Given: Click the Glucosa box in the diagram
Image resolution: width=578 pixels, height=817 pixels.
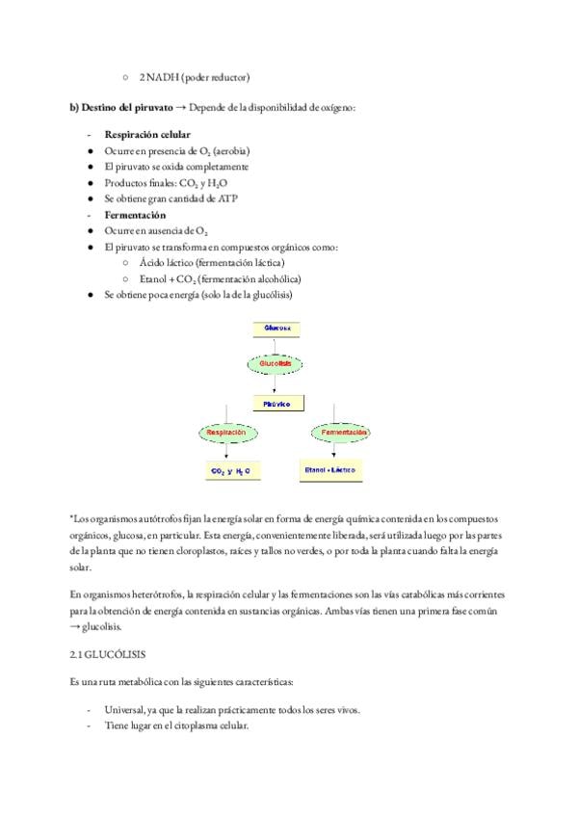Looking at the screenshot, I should point(277,328).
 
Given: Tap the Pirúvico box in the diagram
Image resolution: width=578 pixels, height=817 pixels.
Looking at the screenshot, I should point(277,404).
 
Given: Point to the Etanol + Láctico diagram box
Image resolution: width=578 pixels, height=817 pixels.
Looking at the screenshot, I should point(329,471).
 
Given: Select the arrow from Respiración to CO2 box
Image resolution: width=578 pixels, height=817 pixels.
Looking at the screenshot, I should point(231,453).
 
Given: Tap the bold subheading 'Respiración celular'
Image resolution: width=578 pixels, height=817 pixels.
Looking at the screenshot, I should point(147,134).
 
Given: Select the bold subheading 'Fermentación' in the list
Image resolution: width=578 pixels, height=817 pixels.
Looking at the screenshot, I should point(135,215).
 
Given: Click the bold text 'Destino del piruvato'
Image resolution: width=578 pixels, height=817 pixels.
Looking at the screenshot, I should point(126,107).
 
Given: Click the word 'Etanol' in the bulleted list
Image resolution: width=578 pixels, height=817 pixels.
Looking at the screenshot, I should point(153,278).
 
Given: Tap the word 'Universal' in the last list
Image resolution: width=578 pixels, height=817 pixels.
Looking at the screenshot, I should point(129,709).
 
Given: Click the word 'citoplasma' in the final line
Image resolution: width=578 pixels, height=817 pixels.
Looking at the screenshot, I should point(198,725).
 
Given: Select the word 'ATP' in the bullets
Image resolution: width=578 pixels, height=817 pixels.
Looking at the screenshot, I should point(225,198).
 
